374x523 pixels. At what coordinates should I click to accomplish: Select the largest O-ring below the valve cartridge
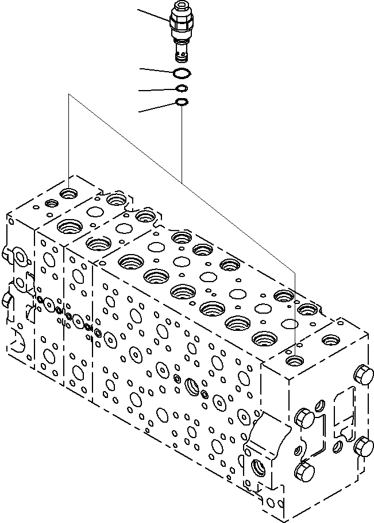point(182,72)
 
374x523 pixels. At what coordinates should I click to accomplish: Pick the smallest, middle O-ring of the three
point(182,88)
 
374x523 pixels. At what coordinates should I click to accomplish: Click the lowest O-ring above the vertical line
point(182,103)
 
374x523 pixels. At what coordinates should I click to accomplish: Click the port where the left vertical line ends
point(70,193)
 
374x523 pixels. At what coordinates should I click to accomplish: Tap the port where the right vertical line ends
point(295,361)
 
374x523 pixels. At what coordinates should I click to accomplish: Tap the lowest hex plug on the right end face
point(303,471)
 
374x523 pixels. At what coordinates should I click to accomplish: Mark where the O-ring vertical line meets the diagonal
point(182,179)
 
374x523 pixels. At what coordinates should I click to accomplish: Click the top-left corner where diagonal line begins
point(69,95)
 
